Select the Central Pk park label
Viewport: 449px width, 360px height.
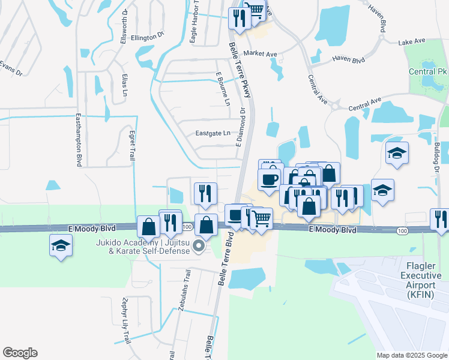425,72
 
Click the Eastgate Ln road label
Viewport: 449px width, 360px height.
213,133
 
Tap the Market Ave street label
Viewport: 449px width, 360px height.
261,54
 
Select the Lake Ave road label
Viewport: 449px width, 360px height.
411,41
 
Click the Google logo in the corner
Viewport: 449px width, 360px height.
20,353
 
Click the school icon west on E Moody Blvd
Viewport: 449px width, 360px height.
59,246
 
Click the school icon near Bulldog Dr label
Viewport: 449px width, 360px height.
397,154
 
